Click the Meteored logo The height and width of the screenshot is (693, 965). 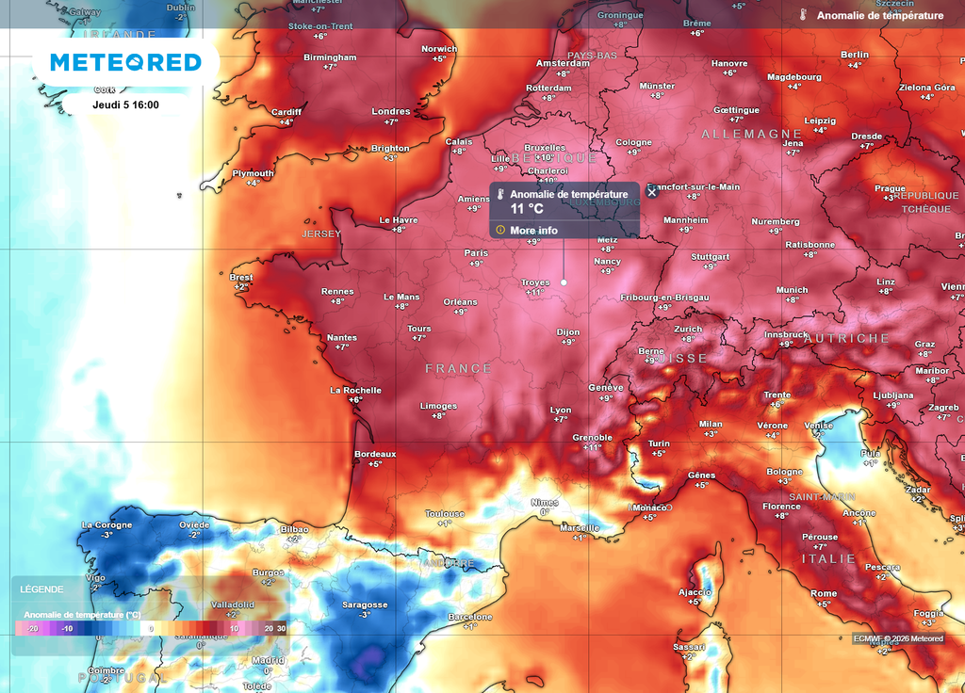(x=125, y=62)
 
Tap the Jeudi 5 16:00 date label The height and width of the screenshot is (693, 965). (x=125, y=105)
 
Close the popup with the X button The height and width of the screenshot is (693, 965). (x=651, y=192)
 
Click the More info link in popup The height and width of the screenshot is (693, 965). (x=533, y=230)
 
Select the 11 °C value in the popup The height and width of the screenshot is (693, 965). (x=527, y=208)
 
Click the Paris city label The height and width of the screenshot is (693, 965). (x=476, y=252)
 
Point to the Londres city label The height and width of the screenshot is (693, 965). (x=391, y=111)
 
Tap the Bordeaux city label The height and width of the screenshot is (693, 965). (x=375, y=454)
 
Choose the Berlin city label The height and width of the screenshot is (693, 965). (x=855, y=55)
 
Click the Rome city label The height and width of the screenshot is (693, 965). (x=824, y=593)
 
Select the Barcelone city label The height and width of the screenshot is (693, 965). (x=470, y=617)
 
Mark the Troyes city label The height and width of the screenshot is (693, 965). (x=535, y=282)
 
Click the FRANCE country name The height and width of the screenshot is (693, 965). (x=458, y=368)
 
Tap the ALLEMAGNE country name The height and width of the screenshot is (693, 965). (x=751, y=135)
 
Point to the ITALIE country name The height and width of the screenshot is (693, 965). (x=828, y=558)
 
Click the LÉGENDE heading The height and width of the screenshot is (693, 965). (x=42, y=589)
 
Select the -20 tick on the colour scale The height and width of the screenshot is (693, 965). (x=32, y=628)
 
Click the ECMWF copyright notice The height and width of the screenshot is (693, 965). (x=898, y=638)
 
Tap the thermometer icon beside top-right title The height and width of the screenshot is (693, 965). (x=803, y=16)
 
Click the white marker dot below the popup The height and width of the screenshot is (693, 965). (x=564, y=282)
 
